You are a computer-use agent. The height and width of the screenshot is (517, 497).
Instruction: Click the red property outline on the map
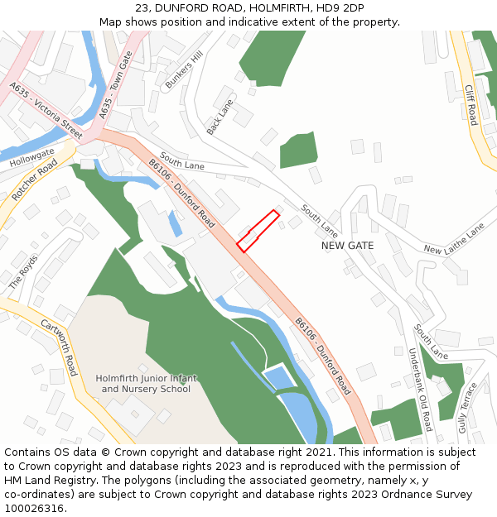[258, 231]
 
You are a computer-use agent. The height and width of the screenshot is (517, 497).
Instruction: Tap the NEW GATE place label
[347, 246]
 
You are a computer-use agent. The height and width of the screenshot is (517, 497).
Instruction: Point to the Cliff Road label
[470, 105]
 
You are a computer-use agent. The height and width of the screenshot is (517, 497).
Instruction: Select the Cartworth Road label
[59, 347]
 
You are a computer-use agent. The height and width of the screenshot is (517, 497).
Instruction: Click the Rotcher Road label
[35, 180]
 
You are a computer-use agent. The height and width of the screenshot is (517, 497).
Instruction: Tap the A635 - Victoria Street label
[46, 109]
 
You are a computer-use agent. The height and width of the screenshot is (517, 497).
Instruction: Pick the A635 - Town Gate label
[115, 83]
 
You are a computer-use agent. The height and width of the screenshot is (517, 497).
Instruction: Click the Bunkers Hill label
[184, 69]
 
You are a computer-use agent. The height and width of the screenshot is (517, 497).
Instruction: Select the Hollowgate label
[32, 158]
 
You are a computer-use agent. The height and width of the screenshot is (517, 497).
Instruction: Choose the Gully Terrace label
[469, 408]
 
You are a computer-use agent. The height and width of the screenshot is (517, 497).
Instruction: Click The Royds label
[23, 271]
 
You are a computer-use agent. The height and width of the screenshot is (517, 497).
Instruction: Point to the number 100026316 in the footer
[34, 508]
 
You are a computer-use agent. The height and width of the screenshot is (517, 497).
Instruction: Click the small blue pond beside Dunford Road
[175, 223]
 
